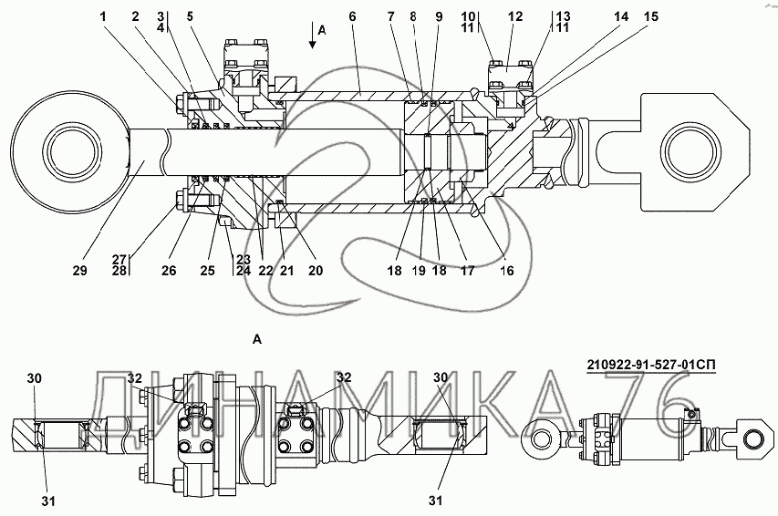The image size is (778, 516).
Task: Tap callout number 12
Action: pyautogui.click(x=516, y=16)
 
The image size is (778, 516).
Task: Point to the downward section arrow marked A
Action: pyautogui.click(x=313, y=44)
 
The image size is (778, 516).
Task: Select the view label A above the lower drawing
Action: pyautogui.click(x=258, y=339)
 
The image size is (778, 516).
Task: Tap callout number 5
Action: pyautogui.click(x=190, y=16)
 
